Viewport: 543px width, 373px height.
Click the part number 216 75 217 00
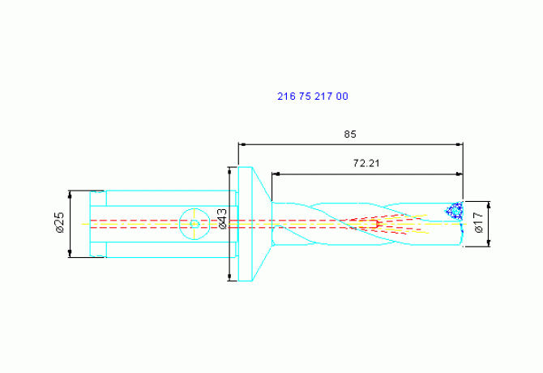click(312, 96)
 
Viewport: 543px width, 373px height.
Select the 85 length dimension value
click(350, 135)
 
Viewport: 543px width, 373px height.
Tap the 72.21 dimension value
click(366, 163)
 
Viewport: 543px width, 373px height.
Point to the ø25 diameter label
click(59, 223)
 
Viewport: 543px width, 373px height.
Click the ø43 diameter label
click(222, 219)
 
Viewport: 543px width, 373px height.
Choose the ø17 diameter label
click(478, 223)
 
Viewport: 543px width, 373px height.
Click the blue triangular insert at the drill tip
click(455, 211)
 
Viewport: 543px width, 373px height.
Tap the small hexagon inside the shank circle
click(195, 224)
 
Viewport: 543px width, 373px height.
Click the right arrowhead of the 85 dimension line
click(460, 144)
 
